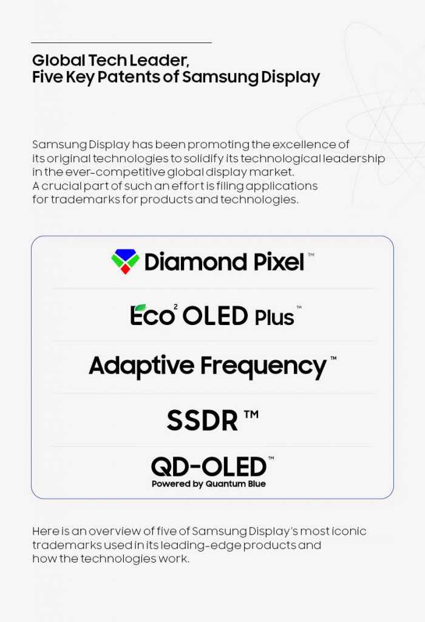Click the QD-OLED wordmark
point(209,466)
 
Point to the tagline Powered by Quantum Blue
point(208,484)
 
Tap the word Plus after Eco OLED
point(273,316)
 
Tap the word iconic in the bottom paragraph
point(351,531)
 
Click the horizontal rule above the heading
point(121,43)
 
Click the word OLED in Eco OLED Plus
point(215,315)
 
